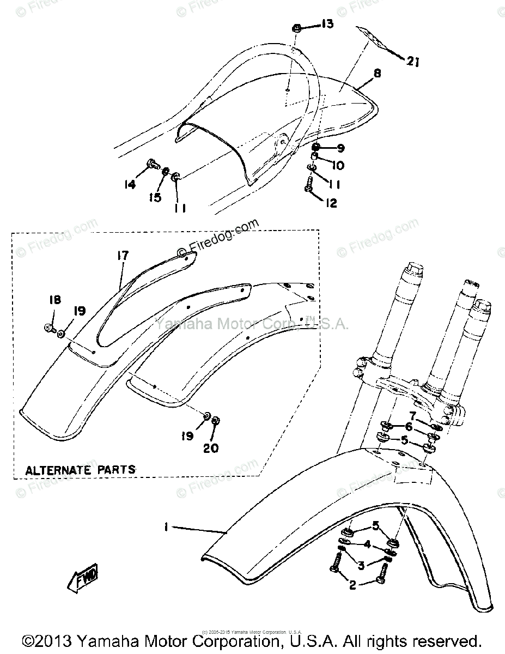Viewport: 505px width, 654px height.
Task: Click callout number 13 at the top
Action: [x=326, y=24]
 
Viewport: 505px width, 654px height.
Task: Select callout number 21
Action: [x=412, y=62]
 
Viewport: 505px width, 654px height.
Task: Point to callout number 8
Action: [x=377, y=73]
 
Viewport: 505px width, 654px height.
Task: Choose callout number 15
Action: [x=156, y=197]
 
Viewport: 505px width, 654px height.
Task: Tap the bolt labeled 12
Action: [x=308, y=185]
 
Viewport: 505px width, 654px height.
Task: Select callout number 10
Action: [x=338, y=165]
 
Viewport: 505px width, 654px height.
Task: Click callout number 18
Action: [x=54, y=300]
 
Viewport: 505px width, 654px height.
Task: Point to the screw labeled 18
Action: [x=48, y=328]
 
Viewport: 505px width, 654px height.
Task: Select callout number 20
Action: [x=211, y=447]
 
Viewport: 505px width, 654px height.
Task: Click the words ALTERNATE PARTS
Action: [x=81, y=469]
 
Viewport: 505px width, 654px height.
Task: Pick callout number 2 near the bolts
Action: [x=352, y=585]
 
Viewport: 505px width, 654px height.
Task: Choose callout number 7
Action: [x=413, y=416]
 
